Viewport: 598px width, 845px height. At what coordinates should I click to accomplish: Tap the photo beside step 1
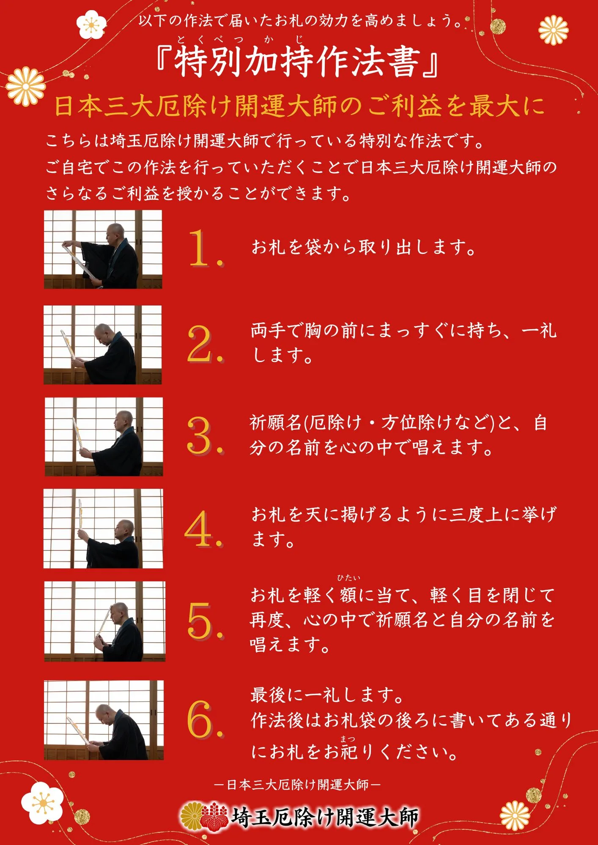coord(103,249)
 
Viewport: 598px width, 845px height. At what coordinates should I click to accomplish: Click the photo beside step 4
coord(103,529)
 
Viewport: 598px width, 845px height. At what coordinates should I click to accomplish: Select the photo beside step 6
coord(104,720)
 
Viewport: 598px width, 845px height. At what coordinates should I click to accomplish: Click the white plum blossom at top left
coord(91,25)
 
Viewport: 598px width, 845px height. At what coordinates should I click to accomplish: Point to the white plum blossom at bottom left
coord(42,803)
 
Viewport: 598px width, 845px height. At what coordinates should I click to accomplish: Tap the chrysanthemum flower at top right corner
coord(553,30)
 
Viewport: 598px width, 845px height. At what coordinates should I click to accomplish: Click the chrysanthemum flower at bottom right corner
coord(515,815)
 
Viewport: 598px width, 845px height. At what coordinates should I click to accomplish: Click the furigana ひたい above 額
coord(348,578)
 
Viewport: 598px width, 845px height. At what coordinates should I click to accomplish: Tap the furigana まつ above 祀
coord(348,739)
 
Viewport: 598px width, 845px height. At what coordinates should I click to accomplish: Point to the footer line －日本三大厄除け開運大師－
coord(298,785)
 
